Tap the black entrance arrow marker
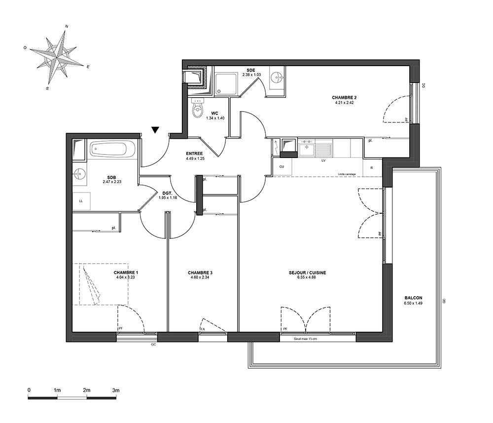click(155, 130)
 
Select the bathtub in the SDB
click(112, 149)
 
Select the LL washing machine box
click(81, 201)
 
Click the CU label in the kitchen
click(282, 167)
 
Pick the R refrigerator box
click(372, 168)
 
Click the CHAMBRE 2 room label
click(344, 97)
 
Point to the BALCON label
click(414, 298)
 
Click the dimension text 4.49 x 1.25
click(195, 158)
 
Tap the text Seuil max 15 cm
click(305, 339)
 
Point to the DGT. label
click(167, 193)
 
